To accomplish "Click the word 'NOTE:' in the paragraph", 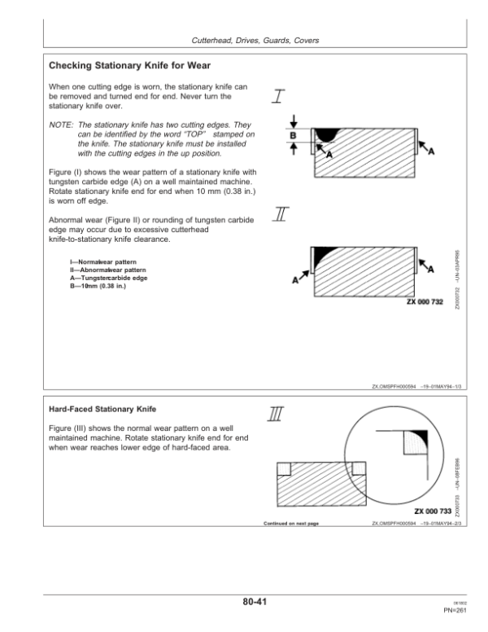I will (x=61, y=125).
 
